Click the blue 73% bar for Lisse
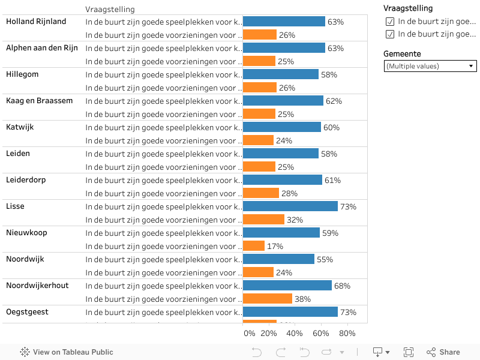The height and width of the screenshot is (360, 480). [x=290, y=206]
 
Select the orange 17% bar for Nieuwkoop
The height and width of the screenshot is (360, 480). [x=254, y=246]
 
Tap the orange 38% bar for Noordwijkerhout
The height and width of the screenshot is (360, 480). [x=268, y=299]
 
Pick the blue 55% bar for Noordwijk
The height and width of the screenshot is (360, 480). [x=278, y=259]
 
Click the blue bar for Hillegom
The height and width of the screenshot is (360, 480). [x=281, y=74]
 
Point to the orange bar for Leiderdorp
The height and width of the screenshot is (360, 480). [x=261, y=193]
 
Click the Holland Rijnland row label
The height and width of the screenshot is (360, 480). [x=36, y=22]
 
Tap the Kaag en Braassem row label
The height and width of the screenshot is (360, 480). [x=40, y=101]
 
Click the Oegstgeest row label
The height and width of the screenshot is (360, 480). [x=27, y=312]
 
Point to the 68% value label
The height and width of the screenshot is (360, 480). [x=342, y=286]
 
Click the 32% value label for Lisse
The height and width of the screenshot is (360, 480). [x=295, y=220]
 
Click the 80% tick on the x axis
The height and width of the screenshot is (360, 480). [x=347, y=334]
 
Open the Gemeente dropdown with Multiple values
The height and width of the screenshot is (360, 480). [x=430, y=66]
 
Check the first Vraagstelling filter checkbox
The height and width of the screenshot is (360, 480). [x=390, y=22]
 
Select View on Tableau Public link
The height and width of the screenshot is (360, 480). [x=67, y=352]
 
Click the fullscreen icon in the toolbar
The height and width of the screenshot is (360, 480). [x=409, y=352]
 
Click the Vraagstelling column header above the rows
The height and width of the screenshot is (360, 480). [x=110, y=10]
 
